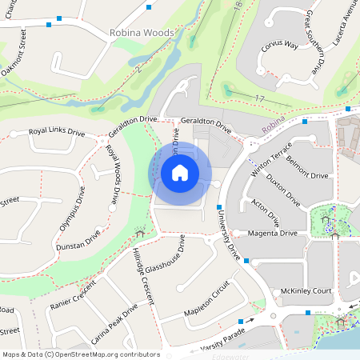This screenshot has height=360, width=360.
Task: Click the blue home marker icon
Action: (x=180, y=172)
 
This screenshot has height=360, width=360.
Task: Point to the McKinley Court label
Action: (x=301, y=291)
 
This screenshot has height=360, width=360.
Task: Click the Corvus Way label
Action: (x=279, y=46)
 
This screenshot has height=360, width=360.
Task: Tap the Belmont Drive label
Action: (x=307, y=175)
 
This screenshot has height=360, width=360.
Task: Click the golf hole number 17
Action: (x=258, y=98)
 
